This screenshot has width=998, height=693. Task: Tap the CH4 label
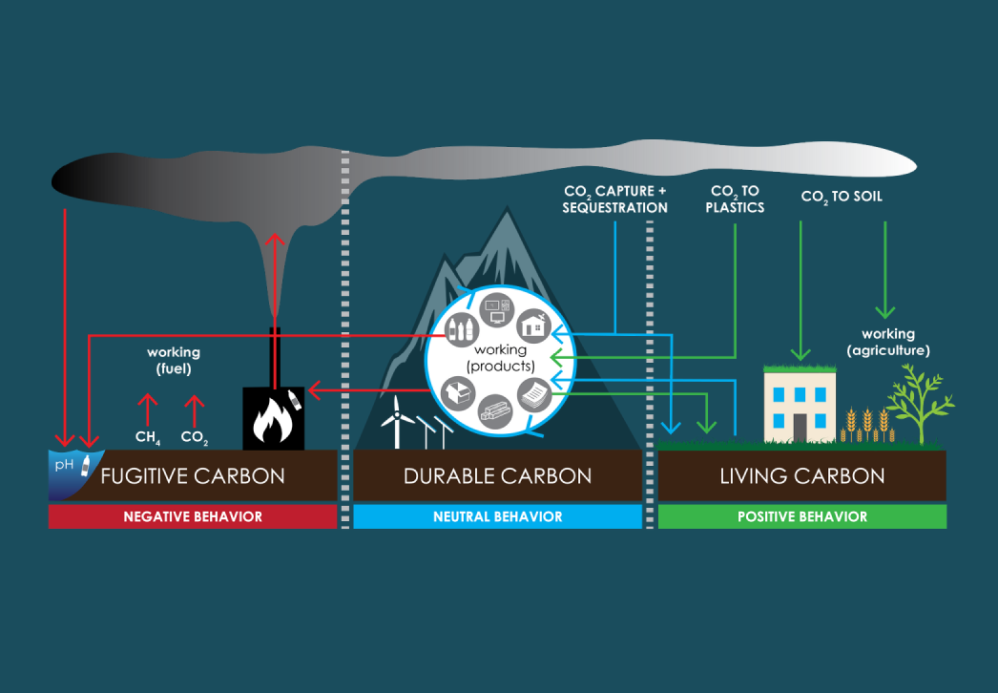pos(146,439)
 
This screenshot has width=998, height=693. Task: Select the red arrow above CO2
pos(194,409)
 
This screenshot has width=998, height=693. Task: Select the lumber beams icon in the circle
pos(494,412)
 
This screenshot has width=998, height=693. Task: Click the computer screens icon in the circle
pos(497,308)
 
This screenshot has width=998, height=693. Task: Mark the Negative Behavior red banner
pos(193,516)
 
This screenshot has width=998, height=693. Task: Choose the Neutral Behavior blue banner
pos(497,516)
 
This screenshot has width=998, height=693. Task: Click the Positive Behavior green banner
pos(802,516)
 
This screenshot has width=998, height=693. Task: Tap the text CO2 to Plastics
pos(735,199)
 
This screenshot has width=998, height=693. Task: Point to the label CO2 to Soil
pos(842,197)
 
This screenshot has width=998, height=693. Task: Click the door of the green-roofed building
pos(800,427)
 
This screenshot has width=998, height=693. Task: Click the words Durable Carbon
pos(497,475)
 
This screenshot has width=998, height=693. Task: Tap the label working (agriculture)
pos(887,342)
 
